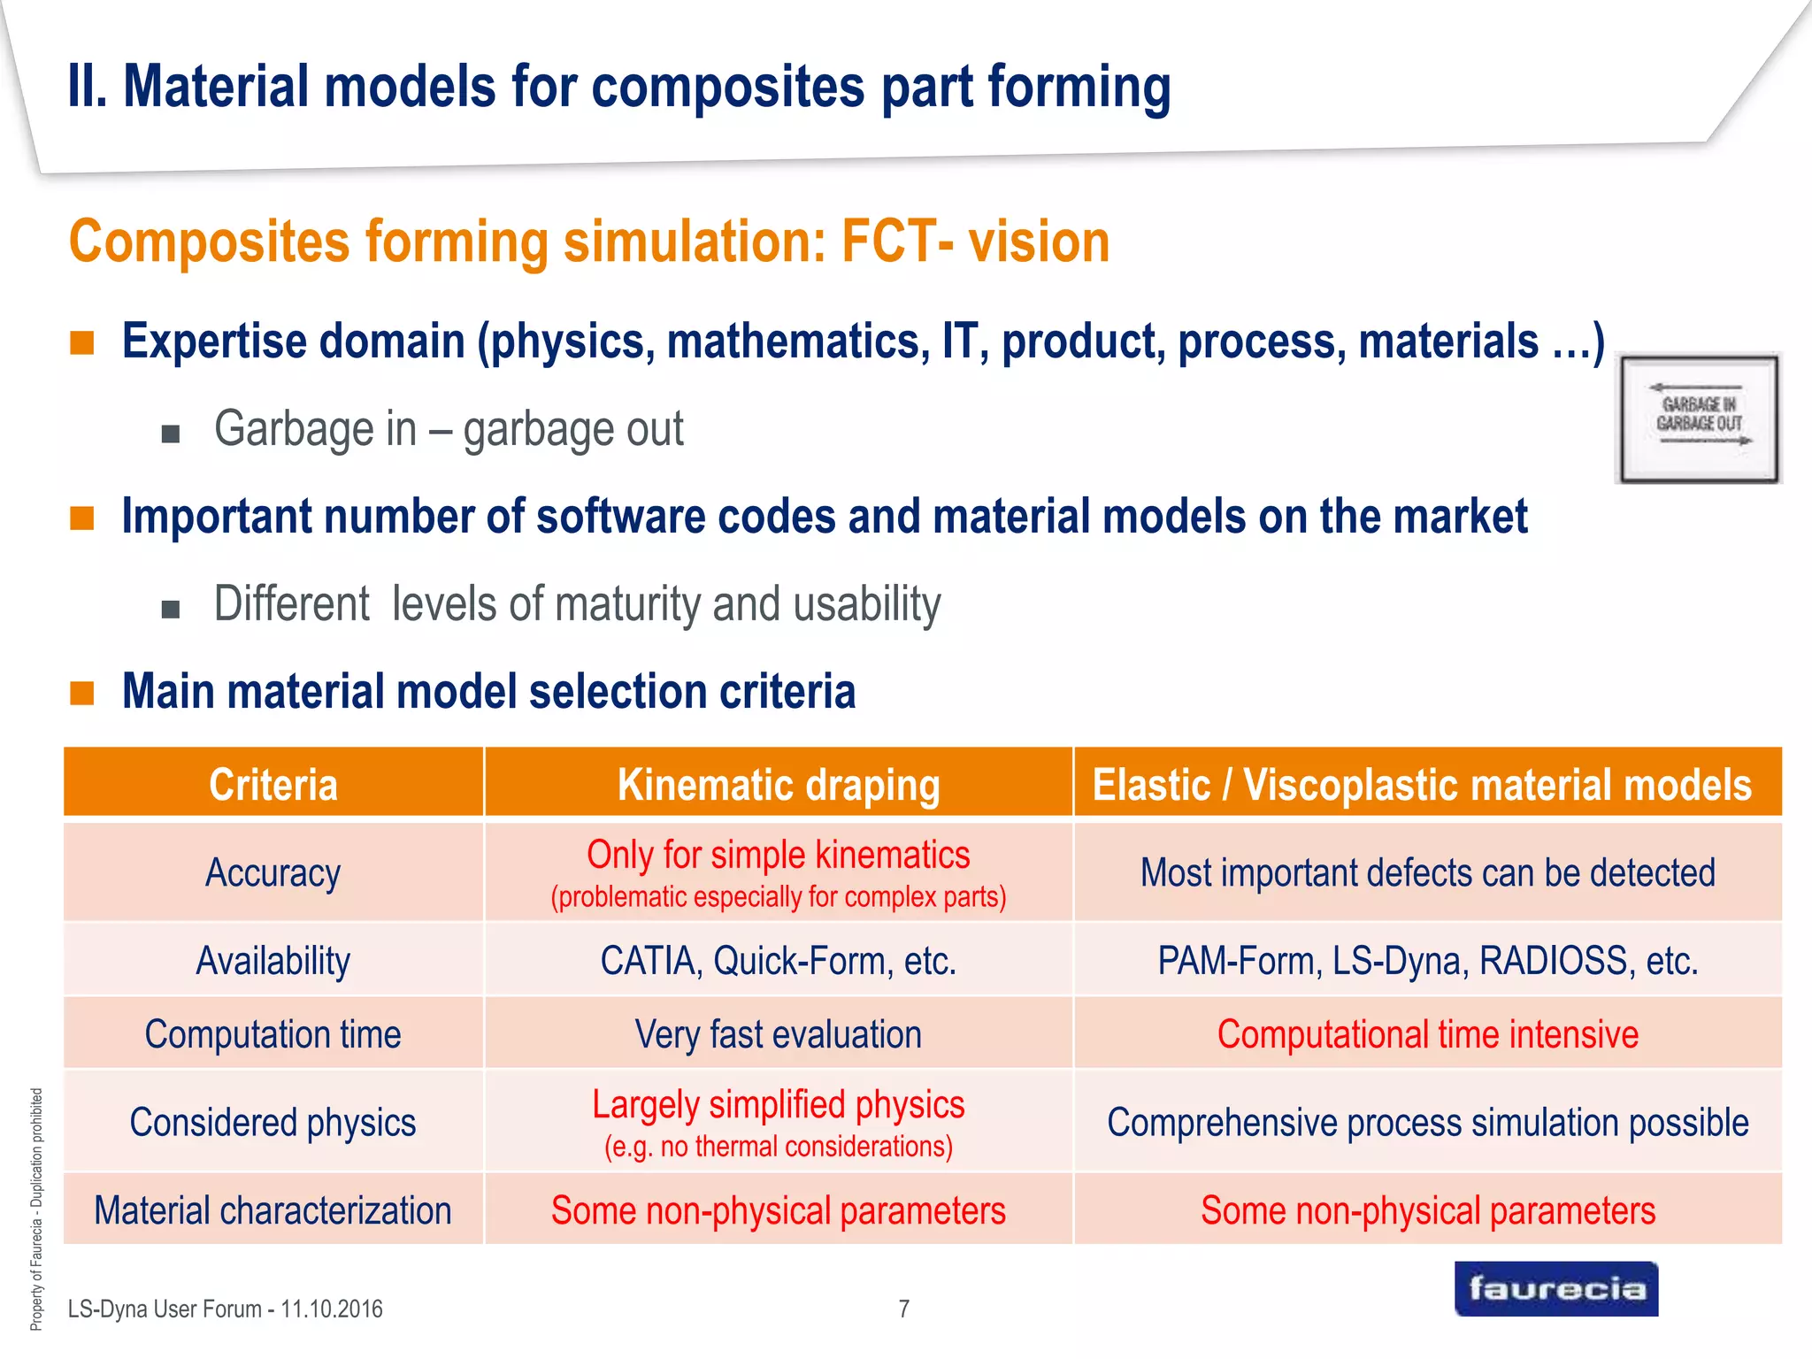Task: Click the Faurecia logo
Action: [x=1555, y=1289]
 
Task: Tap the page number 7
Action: [x=903, y=1309]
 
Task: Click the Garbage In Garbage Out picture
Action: [x=1698, y=418]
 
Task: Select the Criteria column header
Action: [x=273, y=784]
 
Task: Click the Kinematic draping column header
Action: [x=778, y=784]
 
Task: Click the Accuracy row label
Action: [x=273, y=873]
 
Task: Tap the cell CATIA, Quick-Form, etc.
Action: [x=778, y=961]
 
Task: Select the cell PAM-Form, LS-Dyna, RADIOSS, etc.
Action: [x=1427, y=961]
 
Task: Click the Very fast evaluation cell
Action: [x=778, y=1034]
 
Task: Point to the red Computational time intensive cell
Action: [x=1427, y=1034]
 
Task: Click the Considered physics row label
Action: [x=273, y=1123]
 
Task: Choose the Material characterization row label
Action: [x=273, y=1210]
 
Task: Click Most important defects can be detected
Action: [x=1427, y=873]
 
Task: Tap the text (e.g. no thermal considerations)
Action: [x=778, y=1147]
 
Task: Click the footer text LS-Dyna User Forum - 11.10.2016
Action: [x=225, y=1309]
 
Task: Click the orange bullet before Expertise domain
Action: [x=82, y=343]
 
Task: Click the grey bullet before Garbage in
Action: [x=171, y=434]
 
